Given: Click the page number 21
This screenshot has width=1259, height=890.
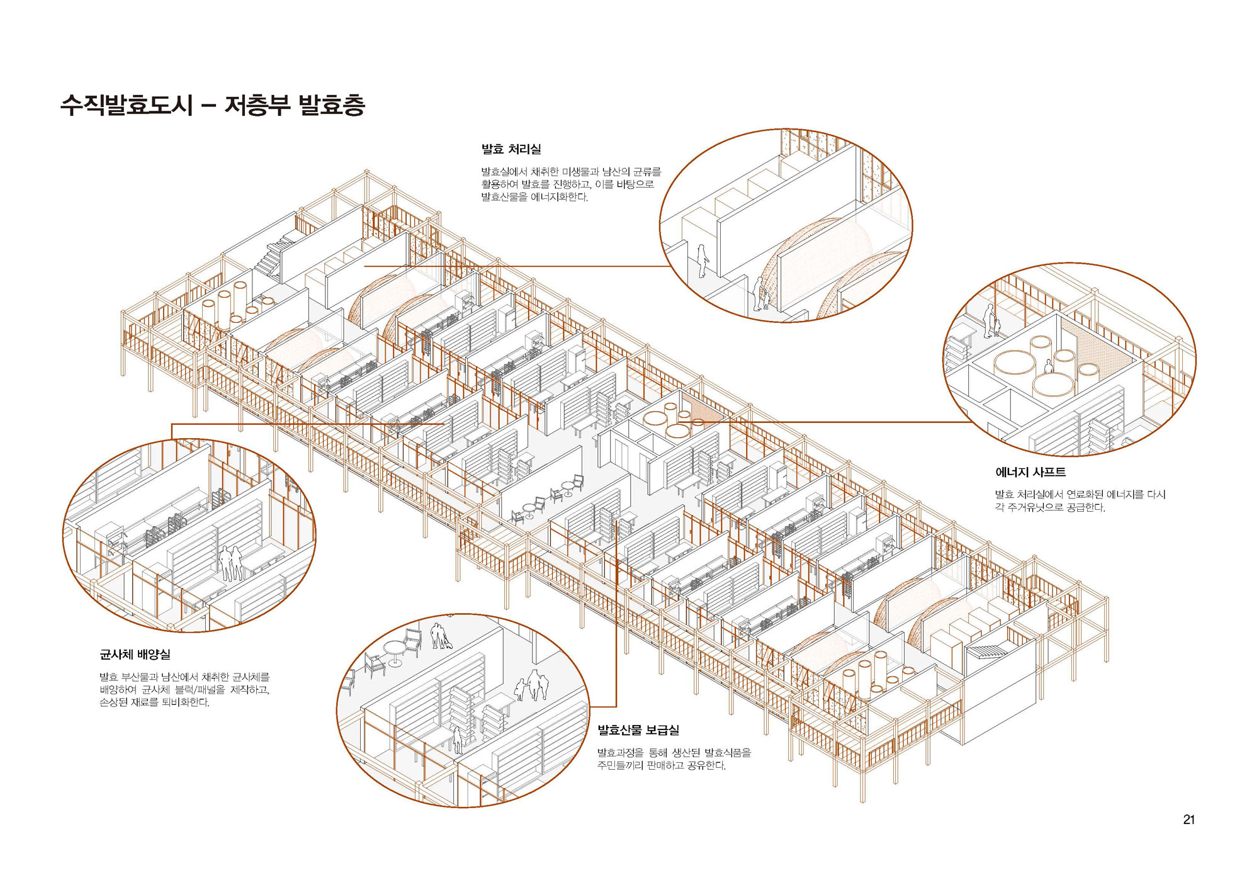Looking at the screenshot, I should pyautogui.click(x=1188, y=819).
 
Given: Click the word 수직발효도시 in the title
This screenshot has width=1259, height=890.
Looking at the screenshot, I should pyautogui.click(x=126, y=104).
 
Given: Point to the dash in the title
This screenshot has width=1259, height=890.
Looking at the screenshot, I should pyautogui.click(x=208, y=106).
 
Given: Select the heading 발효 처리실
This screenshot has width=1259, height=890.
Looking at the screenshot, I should pyautogui.click(x=511, y=149).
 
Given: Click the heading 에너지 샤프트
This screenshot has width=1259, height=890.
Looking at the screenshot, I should pyautogui.click(x=1030, y=472).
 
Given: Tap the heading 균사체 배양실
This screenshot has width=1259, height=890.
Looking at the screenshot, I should pyautogui.click(x=135, y=655).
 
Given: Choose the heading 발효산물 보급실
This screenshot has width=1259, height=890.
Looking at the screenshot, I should pyautogui.click(x=638, y=730).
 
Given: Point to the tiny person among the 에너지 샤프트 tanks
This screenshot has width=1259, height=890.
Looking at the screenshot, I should pyautogui.click(x=1048, y=366).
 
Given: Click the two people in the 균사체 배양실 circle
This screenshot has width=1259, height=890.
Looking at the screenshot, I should pyautogui.click(x=230, y=562).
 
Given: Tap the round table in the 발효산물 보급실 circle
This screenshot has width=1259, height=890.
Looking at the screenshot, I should pyautogui.click(x=395, y=651).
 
